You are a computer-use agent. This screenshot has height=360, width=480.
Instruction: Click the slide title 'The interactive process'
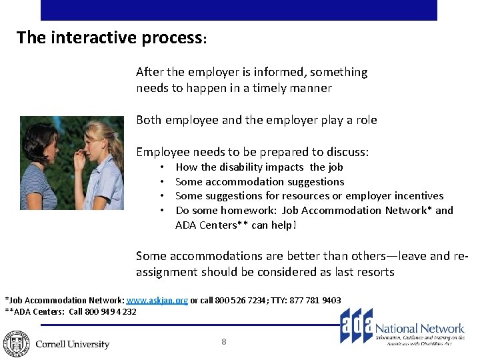(110, 38)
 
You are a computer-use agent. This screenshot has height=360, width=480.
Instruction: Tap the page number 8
(224, 342)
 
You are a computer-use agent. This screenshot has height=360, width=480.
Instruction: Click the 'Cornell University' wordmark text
(72, 345)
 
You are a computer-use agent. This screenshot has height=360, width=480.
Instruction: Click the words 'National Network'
(419, 328)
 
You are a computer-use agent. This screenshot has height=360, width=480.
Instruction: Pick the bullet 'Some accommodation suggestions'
(259, 181)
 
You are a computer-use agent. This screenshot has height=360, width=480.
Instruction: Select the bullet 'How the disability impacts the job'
(259, 167)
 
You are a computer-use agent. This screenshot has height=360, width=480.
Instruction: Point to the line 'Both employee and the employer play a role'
(256, 120)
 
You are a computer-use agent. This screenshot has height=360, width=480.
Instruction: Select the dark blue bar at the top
(239, 10)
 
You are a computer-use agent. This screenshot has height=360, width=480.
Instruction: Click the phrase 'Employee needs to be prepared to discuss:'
(252, 152)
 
